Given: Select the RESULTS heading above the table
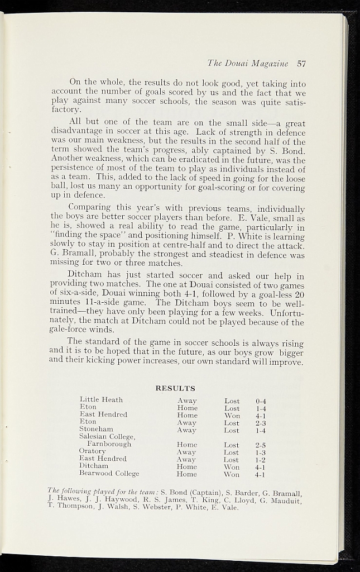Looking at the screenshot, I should (x=175, y=388).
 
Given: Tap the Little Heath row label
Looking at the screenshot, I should (x=101, y=399).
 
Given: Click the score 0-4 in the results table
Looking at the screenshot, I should (x=261, y=401).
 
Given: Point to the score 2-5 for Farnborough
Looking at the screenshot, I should (x=260, y=445).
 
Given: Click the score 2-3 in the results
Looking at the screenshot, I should (x=261, y=423).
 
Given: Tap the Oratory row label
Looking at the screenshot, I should (x=92, y=451).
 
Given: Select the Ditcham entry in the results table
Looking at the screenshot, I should (x=94, y=465).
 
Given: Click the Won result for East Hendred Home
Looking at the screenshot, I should (x=232, y=416).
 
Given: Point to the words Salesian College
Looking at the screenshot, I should (x=107, y=436).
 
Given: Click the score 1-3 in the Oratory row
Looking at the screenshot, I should (x=260, y=452).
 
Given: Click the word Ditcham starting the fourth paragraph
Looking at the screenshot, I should (x=85, y=275).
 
